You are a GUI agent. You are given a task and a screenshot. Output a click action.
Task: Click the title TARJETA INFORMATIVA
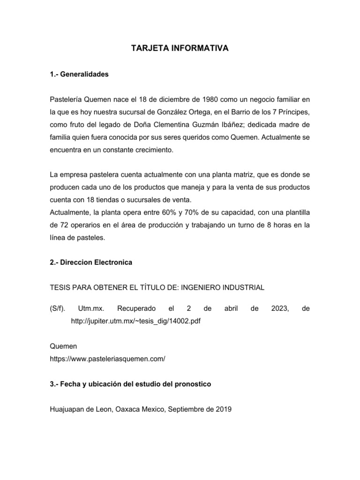180,48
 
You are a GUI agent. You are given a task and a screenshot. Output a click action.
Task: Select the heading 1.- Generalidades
79,74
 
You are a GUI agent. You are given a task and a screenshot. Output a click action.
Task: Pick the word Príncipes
293,112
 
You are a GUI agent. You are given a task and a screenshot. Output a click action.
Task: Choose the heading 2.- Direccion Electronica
91,262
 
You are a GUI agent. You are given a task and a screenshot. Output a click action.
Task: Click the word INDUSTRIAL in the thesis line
240,287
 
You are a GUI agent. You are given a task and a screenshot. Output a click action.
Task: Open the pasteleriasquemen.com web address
107,359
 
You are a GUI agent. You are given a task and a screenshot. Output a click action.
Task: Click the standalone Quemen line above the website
63,346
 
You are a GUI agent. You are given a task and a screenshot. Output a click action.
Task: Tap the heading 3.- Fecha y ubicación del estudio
130,384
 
